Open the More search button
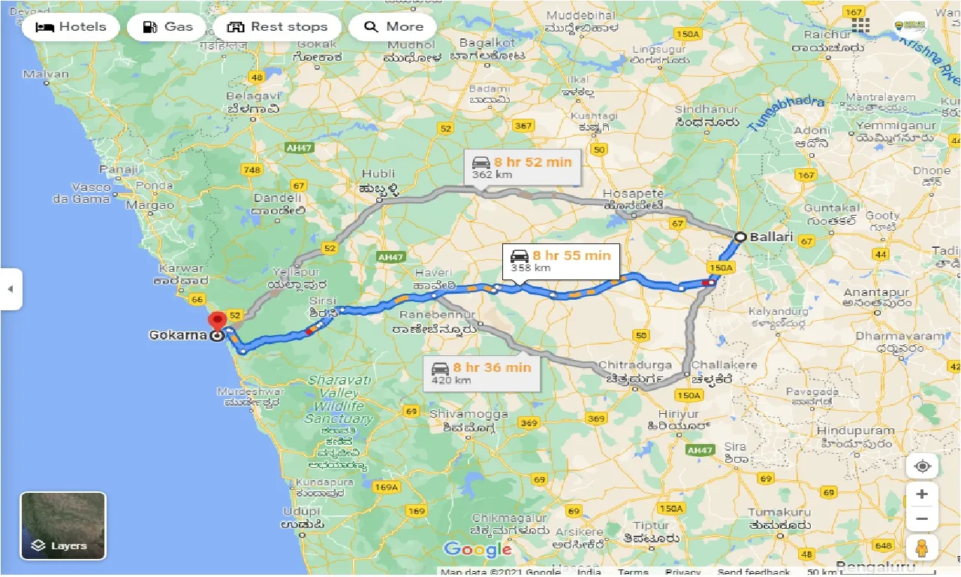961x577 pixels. (x=393, y=27)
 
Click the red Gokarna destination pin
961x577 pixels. (x=218, y=321)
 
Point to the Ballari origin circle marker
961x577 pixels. (x=740, y=237)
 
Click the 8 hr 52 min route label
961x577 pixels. (x=523, y=168)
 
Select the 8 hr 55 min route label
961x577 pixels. (x=561, y=261)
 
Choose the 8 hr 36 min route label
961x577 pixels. (x=482, y=373)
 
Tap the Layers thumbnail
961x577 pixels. (x=63, y=526)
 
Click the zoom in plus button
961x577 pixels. (x=922, y=494)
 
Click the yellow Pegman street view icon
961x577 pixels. (x=922, y=547)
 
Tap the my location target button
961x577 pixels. (x=922, y=467)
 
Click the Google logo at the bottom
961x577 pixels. (x=477, y=550)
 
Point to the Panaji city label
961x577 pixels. (x=119, y=170)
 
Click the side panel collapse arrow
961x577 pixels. (x=11, y=288)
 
